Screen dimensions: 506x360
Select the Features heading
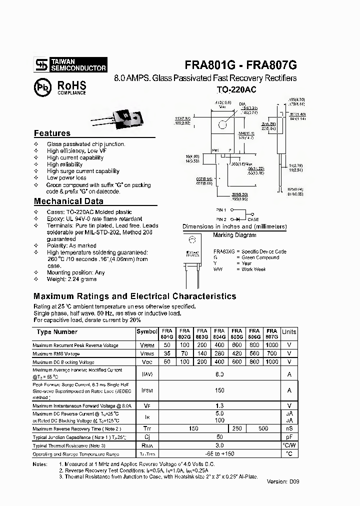click(x=52, y=133)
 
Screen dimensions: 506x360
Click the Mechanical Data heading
click(x=68, y=201)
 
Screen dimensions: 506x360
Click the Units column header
click(x=289, y=332)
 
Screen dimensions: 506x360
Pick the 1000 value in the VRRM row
click(x=271, y=345)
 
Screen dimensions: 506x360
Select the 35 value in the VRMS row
click(x=167, y=353)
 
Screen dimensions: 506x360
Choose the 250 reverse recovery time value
click(x=237, y=428)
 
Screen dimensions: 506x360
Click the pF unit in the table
click(x=289, y=437)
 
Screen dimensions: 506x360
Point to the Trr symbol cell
click(x=147, y=428)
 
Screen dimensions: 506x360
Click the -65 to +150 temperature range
click(x=219, y=454)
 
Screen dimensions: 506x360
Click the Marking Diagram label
click(x=234, y=234)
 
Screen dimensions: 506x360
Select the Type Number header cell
click(x=57, y=332)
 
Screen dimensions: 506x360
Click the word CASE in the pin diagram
click(x=253, y=219)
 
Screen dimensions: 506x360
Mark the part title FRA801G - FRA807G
click(x=241, y=65)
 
